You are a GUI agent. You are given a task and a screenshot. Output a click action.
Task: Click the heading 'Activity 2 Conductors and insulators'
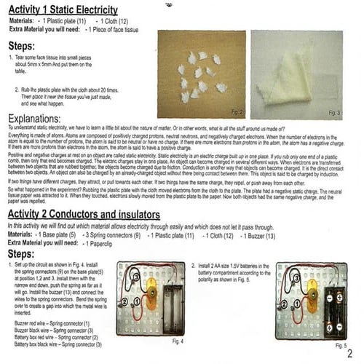(84, 215)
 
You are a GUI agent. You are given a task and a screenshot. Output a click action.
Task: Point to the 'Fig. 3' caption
(335, 113)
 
